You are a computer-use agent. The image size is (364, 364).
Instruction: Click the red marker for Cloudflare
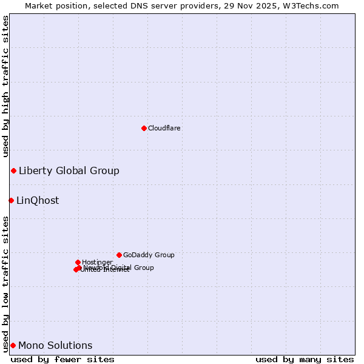click(144, 128)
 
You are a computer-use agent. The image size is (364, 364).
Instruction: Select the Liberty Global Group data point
click(13, 170)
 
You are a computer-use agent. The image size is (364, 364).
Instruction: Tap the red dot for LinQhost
click(11, 200)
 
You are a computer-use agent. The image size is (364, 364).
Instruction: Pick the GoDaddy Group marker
click(119, 255)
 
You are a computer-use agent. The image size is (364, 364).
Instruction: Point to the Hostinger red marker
click(78, 262)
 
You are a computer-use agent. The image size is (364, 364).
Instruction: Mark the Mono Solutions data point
click(13, 345)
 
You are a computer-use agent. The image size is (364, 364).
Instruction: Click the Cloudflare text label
click(164, 128)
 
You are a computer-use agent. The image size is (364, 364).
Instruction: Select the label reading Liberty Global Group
click(69, 170)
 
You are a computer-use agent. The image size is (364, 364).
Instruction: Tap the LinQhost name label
click(38, 200)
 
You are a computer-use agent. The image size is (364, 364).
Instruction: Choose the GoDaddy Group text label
click(149, 255)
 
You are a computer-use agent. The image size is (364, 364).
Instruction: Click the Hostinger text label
click(97, 262)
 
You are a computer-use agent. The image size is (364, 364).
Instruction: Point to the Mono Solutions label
click(55, 345)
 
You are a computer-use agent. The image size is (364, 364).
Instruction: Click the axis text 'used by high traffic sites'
click(6, 85)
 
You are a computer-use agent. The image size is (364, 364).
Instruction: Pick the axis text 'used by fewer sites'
click(62, 359)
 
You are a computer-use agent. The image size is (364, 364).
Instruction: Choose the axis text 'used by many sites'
click(305, 359)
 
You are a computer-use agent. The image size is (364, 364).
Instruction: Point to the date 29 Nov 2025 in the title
click(249, 5)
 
